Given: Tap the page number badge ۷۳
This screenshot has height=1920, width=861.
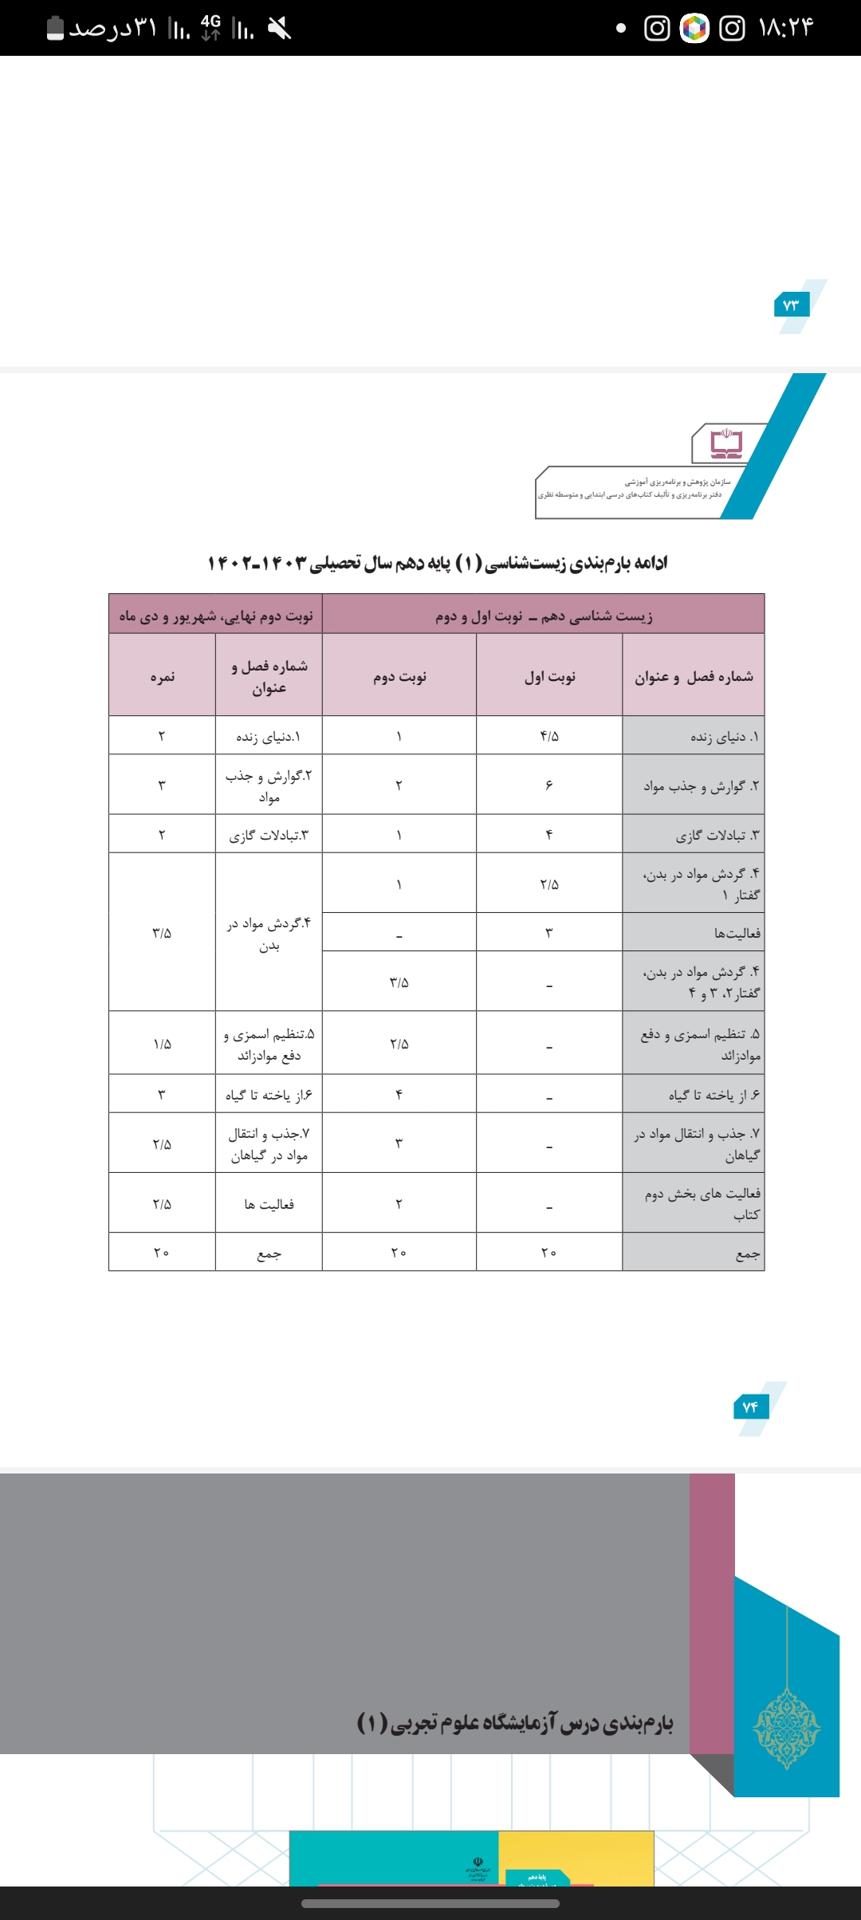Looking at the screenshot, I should [791, 305].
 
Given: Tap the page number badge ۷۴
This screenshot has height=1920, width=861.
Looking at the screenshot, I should [750, 1407].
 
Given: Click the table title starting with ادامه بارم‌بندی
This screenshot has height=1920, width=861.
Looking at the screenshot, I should [437, 563].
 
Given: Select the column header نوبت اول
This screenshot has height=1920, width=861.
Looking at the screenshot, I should [549, 676].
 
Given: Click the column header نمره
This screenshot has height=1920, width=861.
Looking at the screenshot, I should [162, 676].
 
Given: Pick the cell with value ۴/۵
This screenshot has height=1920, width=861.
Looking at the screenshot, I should [549, 736].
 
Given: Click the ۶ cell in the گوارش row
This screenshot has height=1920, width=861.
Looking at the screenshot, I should [549, 785].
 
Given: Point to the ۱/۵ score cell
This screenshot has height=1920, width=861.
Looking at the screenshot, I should [162, 1044].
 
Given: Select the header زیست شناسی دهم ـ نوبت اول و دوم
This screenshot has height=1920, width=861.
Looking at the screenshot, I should [544, 616].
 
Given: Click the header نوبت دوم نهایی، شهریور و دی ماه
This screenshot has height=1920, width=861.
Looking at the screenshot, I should [216, 616].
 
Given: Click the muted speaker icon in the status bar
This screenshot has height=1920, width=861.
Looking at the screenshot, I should [280, 29].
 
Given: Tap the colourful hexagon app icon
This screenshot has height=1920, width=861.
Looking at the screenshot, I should [694, 29].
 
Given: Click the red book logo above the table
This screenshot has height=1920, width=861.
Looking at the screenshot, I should [726, 443].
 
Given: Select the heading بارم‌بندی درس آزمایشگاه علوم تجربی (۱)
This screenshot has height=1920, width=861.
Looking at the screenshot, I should [515, 1722].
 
